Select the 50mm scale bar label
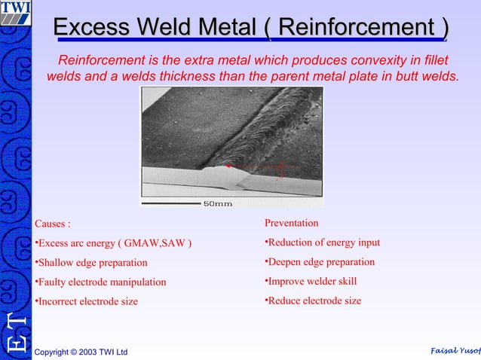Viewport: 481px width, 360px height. click(217, 203)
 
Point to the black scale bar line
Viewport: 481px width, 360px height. click(171, 203)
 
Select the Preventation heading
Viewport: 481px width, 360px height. click(291, 223)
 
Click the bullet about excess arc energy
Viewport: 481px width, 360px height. click(113, 243)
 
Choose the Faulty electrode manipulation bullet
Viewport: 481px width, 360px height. click(100, 282)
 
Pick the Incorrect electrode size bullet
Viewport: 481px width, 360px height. click(87, 301)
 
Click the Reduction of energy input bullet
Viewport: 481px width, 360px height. click(322, 243)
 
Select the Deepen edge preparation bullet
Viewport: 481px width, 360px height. click(320, 262)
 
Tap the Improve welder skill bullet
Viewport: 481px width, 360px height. click(311, 282)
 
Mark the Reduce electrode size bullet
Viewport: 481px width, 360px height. click(313, 301)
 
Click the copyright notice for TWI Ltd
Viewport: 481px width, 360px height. click(81, 352)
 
